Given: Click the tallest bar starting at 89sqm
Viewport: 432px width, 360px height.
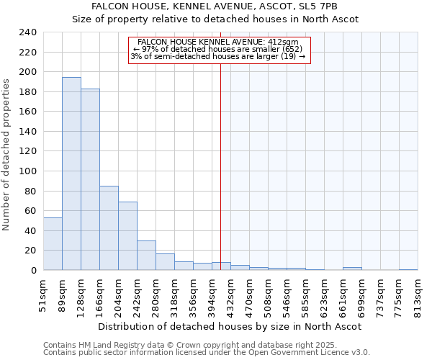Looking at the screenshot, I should (x=71, y=174).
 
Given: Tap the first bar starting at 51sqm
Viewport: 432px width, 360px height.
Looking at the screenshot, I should (x=53, y=243).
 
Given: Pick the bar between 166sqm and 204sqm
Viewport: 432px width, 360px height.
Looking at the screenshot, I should (x=109, y=228).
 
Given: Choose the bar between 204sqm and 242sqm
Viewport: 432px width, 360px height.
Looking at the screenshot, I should (x=127, y=235).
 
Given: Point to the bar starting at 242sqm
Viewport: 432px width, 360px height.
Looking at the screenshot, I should (x=146, y=255).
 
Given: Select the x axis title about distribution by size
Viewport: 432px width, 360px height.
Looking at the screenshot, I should (x=230, y=326).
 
